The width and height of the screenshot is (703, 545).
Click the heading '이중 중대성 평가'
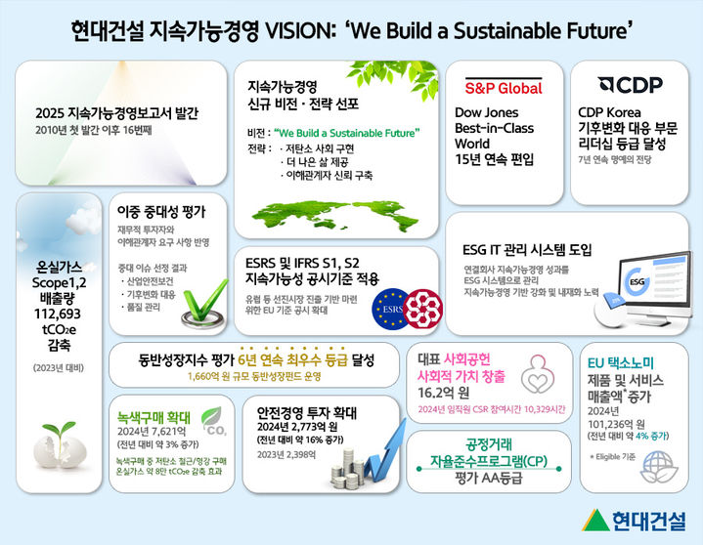click(160, 210)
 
